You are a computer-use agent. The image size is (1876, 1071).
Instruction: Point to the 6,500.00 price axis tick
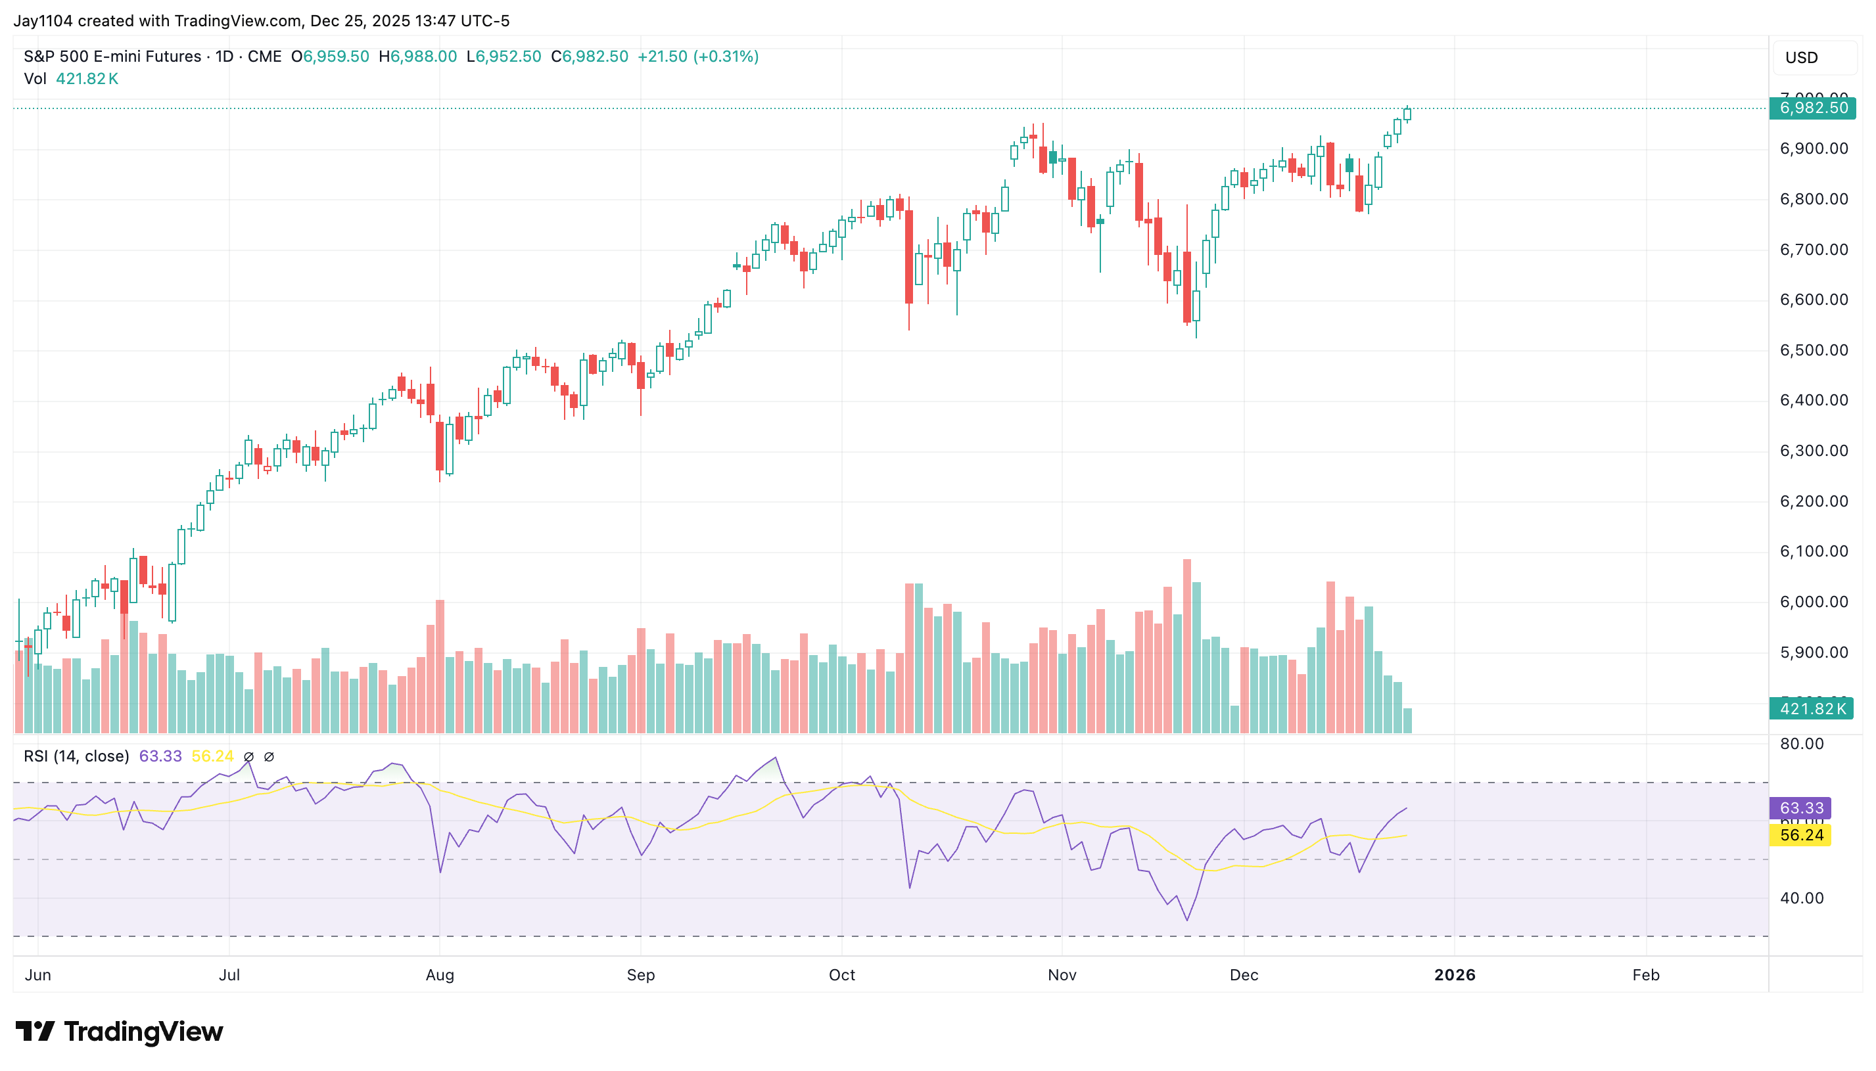pos(1813,350)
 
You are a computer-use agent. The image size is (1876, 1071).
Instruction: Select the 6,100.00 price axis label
pos(1813,552)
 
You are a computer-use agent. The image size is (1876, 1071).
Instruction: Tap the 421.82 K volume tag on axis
pos(1812,709)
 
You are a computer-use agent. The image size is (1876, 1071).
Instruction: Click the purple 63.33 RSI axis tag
pos(1800,808)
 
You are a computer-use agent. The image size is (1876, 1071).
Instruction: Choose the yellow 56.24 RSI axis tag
pos(1800,836)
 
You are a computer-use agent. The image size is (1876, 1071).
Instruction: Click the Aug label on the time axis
pos(439,975)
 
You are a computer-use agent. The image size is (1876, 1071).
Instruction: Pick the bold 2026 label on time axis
pos(1454,975)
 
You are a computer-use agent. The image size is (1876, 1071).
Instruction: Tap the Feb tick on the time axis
pos(1645,975)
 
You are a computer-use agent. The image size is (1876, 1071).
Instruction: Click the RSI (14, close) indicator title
pos(76,757)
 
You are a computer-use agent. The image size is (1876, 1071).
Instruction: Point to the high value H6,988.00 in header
pos(417,57)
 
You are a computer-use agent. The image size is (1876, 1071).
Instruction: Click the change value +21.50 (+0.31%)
pos(697,57)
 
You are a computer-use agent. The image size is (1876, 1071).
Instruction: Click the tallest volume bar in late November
pos(1186,647)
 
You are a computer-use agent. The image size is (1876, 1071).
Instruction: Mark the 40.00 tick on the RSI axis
pos(1801,898)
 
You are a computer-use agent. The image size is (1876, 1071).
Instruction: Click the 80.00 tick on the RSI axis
pos(1801,744)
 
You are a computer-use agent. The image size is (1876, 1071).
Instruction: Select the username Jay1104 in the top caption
pos(43,20)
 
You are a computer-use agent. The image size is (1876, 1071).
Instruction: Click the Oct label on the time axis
pos(841,975)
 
